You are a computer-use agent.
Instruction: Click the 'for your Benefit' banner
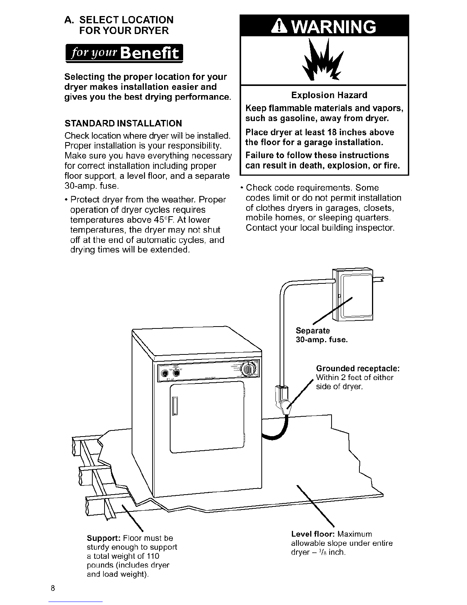124,53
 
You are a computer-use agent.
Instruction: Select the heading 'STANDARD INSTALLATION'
123,123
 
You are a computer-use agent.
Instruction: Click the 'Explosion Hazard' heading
329,95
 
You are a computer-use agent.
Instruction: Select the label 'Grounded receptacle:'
358,368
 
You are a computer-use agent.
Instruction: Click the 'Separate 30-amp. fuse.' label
322,335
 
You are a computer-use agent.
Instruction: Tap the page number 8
53,588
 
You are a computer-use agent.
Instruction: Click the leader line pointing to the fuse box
332,311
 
